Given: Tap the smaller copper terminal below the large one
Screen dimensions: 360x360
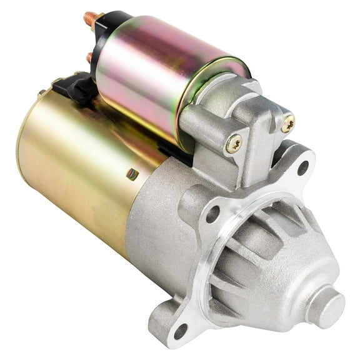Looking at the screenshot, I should coord(89,57).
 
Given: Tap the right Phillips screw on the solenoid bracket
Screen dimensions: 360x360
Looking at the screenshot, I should coord(287,124).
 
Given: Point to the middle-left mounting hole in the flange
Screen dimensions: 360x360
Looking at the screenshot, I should coord(212,212).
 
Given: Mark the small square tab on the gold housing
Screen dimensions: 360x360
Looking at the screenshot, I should coord(132,174).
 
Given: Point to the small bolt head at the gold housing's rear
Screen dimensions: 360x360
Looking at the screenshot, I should coord(41,93).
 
